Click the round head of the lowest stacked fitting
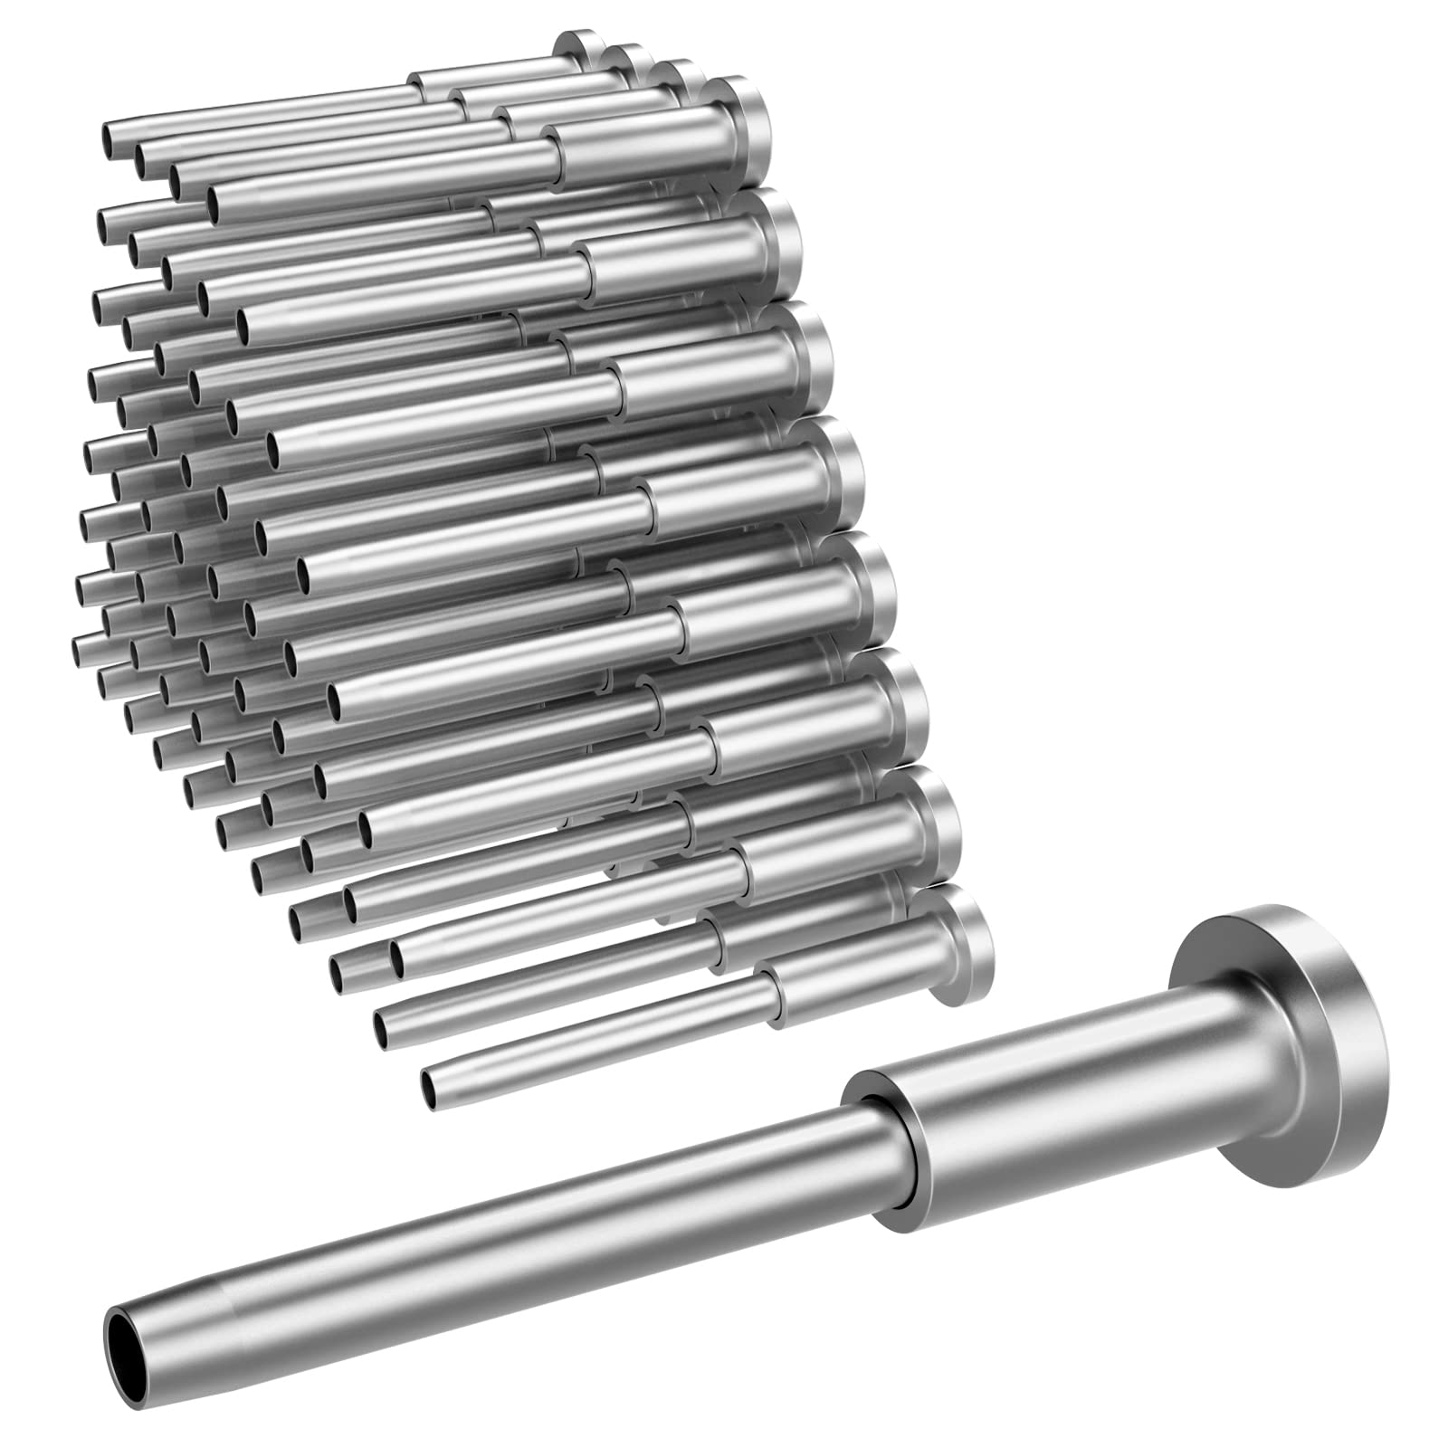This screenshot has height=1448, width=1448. coord(973,946)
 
